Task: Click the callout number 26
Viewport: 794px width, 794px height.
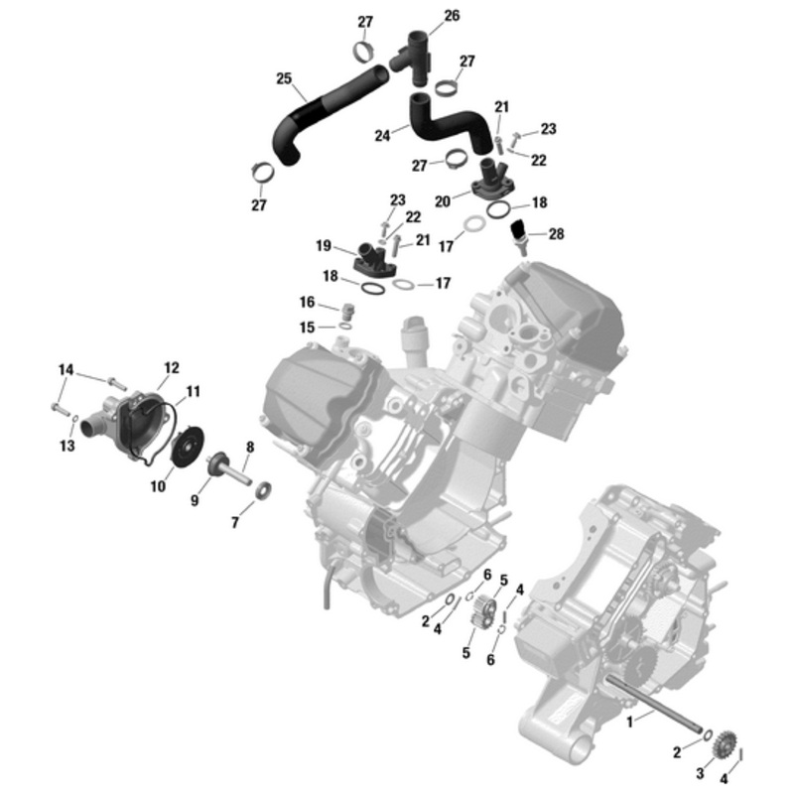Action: tap(452, 16)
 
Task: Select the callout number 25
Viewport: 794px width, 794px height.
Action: tap(284, 78)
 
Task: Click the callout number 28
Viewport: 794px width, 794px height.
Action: tap(556, 234)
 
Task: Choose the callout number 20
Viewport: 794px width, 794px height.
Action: tap(443, 200)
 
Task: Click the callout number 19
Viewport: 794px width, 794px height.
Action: tap(324, 245)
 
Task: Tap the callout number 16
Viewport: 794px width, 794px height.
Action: tap(307, 302)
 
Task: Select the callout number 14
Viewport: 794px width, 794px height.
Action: tap(66, 370)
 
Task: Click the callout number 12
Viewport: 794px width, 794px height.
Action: tap(171, 368)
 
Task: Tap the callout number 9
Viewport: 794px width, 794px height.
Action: tap(196, 501)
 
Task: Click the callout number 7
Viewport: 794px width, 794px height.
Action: tap(235, 522)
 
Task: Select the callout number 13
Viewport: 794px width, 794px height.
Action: tap(66, 447)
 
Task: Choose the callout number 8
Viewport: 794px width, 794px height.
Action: tap(250, 448)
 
